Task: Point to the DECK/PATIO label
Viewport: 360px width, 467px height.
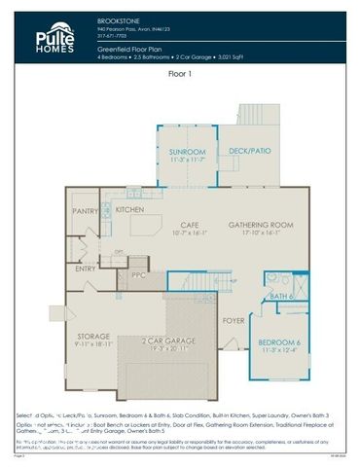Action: (x=244, y=152)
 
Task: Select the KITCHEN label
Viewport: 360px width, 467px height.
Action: (x=130, y=210)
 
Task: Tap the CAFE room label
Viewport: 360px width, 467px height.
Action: (x=191, y=226)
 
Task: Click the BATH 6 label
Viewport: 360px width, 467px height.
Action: (x=280, y=296)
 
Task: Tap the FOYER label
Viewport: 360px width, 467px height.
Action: (x=234, y=319)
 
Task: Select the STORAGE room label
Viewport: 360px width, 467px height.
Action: (x=93, y=337)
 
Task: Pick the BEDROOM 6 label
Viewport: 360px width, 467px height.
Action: (x=279, y=342)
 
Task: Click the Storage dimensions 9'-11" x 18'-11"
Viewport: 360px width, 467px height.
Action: (x=93, y=344)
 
